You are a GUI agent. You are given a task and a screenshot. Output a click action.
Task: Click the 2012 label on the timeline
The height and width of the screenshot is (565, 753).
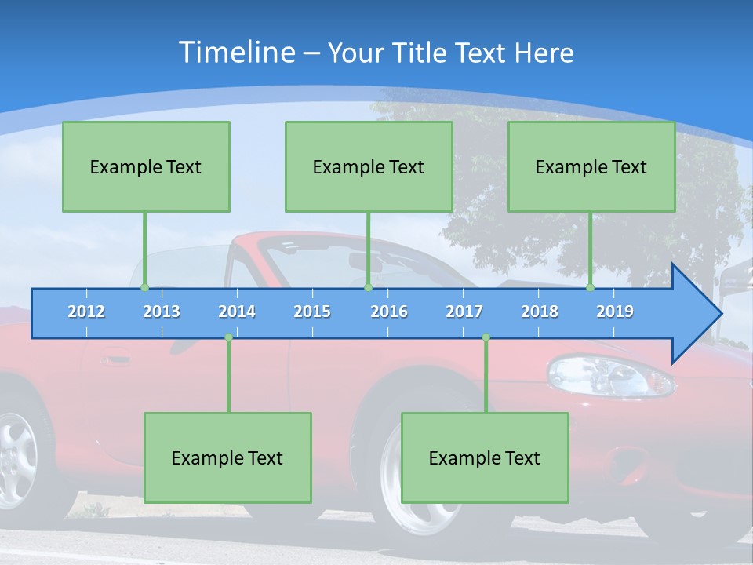point(86,312)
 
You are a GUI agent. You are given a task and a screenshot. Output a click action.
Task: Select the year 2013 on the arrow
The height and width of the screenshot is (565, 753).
point(162,312)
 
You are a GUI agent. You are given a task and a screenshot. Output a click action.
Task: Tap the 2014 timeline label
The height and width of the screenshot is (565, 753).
point(237,312)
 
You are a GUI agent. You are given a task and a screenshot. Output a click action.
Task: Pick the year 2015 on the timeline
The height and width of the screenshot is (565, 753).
point(312,312)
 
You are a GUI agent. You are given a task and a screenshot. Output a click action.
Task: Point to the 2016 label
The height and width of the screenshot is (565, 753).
point(389,312)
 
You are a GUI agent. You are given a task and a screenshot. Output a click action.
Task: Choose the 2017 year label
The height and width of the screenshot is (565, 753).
point(464,312)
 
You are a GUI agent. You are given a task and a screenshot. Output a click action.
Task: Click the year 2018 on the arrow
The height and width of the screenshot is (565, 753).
point(540,312)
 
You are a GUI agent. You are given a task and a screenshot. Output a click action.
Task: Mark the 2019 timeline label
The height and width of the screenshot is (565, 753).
point(615,312)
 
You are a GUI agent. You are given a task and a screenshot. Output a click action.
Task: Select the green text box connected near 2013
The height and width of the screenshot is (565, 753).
point(146,166)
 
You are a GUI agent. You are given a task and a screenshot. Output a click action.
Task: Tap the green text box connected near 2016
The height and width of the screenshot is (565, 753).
point(369,166)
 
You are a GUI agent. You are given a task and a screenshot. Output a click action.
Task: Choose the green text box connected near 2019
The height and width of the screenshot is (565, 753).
point(591,166)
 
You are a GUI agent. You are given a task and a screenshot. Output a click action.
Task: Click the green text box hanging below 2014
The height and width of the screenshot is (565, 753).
point(227,457)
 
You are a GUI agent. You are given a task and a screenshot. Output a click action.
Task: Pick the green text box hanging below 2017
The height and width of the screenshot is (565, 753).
point(485,457)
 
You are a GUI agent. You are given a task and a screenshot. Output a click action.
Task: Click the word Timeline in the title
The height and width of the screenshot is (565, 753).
point(237,52)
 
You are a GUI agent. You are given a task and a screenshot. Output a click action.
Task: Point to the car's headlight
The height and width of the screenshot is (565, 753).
point(608,375)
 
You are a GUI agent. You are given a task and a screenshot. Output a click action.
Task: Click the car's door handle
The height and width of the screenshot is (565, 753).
point(115,360)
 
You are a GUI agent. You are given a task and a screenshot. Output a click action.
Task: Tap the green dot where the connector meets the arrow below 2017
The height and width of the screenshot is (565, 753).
point(486,337)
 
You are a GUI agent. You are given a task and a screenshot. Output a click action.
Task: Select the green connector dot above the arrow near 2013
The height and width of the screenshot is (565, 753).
point(145,287)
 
